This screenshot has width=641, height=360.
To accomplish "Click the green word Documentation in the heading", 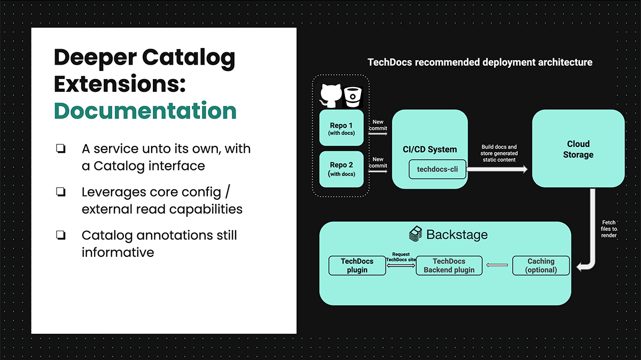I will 145,111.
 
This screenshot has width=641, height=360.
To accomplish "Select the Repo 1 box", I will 341,128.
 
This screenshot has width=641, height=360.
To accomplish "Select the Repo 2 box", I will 341,169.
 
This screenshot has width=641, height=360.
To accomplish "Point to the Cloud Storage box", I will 578,149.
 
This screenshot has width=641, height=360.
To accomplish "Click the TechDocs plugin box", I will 357,265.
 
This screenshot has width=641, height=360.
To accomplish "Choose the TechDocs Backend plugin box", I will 449,265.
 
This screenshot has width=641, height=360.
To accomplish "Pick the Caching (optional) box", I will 541,265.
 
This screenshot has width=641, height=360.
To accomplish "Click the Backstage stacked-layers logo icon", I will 416,234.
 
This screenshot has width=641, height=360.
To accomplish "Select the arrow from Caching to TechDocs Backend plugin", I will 497,265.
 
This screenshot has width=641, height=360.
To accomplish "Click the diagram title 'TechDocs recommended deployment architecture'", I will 480,62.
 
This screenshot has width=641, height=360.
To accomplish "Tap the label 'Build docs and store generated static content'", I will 499,153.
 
